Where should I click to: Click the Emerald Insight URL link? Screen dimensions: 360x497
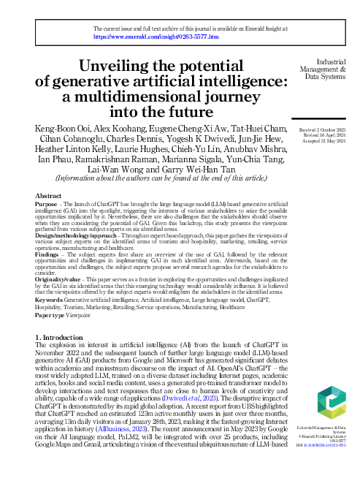pyautogui.click(x=156, y=35)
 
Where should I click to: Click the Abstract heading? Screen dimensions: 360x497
pyautogui.click(x=48, y=196)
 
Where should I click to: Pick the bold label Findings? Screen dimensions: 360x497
pyautogui.click(x=48, y=254)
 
